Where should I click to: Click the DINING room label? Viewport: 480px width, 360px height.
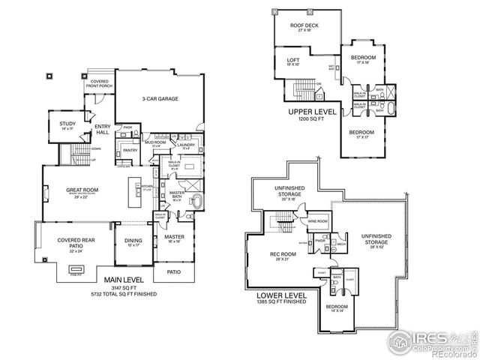[133, 241]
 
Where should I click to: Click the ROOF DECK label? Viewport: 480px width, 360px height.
[306, 26]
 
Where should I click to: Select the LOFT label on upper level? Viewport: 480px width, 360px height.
[293, 61]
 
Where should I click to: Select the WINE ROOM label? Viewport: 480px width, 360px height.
[317, 221]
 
